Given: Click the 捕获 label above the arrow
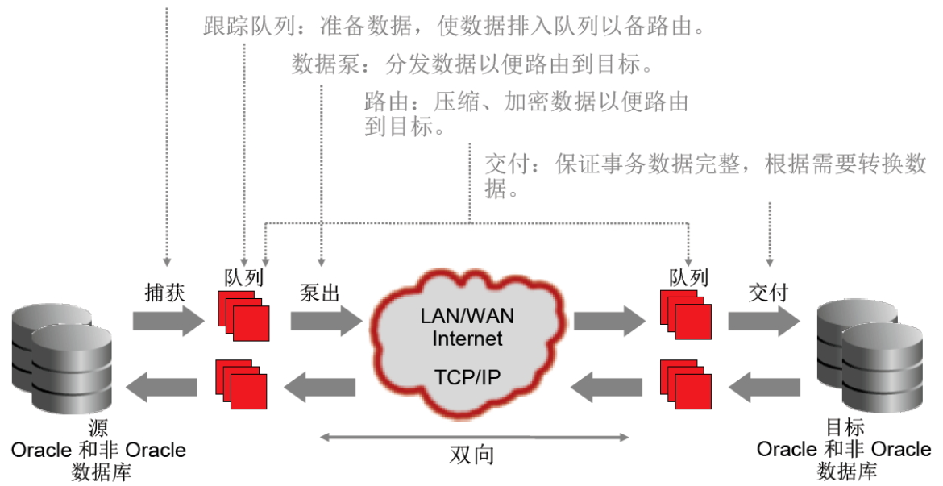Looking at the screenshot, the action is click(164, 293).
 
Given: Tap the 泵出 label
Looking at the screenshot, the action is click(319, 293).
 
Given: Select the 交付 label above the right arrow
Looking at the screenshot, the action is click(768, 293).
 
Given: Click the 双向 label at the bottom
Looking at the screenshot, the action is click(471, 455).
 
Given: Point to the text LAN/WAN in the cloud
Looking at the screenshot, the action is click(467, 316).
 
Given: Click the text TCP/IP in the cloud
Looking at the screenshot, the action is click(467, 377).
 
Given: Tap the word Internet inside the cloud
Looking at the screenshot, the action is click(467, 338).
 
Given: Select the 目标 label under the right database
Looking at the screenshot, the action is click(845, 427).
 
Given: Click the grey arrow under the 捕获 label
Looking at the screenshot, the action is click(169, 321).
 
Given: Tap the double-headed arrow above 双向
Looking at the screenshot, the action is click(474, 438).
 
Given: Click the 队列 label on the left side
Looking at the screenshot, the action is click(243, 277).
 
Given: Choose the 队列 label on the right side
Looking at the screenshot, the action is click(688, 277).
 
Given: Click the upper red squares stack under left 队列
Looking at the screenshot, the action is click(243, 316).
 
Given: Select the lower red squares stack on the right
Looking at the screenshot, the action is click(686, 385).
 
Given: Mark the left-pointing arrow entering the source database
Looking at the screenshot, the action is click(162, 387).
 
